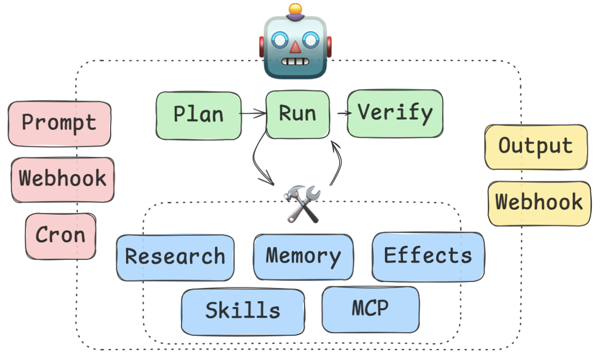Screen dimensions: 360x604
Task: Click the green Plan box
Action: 199,115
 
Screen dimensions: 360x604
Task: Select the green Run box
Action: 297,114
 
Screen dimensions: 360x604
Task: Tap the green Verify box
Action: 395,114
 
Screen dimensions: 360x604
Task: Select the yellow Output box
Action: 536,147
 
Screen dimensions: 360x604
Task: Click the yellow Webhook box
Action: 539,203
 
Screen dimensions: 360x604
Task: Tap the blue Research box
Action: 175,257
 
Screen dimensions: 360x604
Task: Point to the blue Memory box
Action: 303,256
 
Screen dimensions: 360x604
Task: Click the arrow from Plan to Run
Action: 253,114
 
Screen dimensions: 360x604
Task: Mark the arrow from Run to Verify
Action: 344,113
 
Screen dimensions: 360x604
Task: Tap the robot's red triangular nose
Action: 295,47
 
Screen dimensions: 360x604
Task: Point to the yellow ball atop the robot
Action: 295,9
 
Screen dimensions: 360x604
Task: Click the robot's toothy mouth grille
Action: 295,62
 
